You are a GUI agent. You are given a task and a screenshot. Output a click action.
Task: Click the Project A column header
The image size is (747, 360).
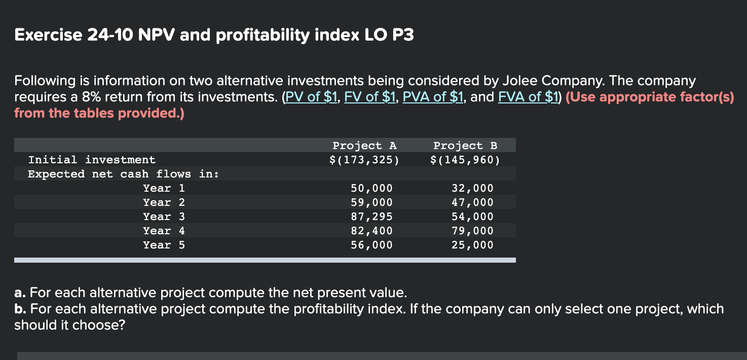click(364, 146)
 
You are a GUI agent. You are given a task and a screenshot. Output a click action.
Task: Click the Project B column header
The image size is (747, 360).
click(465, 146)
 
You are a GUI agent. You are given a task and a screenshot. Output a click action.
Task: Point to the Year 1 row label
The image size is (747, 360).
click(164, 188)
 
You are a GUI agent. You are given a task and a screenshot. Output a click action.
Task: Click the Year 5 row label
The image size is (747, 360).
click(164, 245)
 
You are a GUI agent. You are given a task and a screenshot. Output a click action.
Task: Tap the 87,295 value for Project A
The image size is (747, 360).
click(371, 217)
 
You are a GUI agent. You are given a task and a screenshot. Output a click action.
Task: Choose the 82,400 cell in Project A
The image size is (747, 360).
click(371, 231)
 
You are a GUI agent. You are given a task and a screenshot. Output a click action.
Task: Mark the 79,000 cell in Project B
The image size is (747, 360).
click(472, 231)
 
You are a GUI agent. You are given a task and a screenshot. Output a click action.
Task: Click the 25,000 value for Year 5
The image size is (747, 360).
click(472, 245)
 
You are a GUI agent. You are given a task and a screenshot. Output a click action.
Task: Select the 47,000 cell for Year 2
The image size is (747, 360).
click(472, 202)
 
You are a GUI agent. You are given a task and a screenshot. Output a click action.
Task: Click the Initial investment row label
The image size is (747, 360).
click(92, 160)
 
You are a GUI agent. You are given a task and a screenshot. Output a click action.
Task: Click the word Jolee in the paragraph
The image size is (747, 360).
click(520, 81)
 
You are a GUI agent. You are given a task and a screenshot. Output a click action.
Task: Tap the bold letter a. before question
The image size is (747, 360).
click(20, 293)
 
